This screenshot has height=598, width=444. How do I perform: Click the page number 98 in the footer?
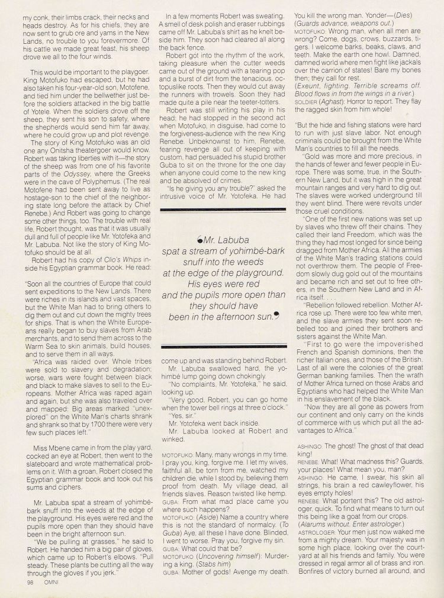coord(29,581)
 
